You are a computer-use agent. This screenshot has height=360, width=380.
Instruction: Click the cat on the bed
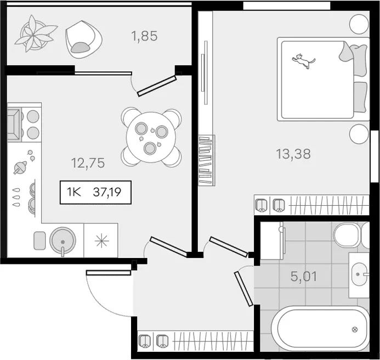(x=303, y=61)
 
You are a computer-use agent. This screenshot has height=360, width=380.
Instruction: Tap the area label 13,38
(x=293, y=154)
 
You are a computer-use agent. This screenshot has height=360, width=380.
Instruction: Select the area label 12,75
(x=88, y=163)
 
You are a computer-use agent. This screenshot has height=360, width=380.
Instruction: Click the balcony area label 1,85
(x=144, y=36)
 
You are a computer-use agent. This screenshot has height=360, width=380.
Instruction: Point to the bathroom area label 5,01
(x=304, y=277)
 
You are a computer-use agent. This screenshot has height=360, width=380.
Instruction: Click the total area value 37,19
(x=107, y=193)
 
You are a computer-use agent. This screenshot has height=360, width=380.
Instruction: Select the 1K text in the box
(x=73, y=193)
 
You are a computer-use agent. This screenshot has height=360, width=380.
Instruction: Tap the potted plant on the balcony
(x=35, y=33)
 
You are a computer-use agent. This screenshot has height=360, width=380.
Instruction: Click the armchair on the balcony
(x=83, y=40)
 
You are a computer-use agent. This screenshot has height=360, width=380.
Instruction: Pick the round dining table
(x=151, y=137)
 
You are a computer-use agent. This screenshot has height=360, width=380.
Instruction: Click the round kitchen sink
(x=63, y=241)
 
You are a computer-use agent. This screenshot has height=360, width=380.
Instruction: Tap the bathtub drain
(x=355, y=329)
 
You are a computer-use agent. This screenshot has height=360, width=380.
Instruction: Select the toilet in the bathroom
(x=351, y=235)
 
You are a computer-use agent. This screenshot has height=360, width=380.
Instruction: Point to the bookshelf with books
(x=206, y=160)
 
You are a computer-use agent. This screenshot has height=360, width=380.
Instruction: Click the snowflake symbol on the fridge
(x=102, y=241)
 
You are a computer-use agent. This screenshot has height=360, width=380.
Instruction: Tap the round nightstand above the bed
(x=359, y=24)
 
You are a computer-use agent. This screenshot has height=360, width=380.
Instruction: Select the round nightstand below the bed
(x=359, y=134)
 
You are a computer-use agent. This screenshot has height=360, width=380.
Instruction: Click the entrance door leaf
(x=109, y=273)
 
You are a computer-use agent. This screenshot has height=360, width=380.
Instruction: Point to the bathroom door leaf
(x=243, y=289)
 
